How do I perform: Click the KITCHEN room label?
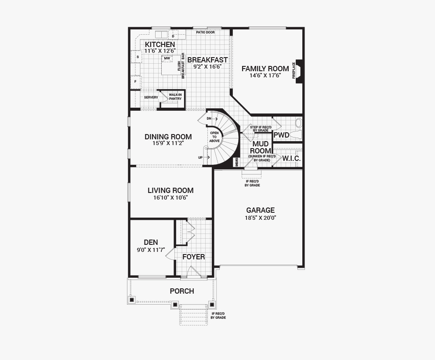160,44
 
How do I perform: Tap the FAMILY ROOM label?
265,69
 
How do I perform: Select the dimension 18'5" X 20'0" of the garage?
260,218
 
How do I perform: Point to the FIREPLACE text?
294,70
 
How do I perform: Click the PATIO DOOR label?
205,33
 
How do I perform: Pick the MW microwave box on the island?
167,58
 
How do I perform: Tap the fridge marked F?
136,82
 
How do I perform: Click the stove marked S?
138,57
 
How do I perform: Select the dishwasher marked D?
173,36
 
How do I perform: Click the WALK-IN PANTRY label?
175,97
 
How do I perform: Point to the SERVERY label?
151,98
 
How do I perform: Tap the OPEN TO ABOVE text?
214,137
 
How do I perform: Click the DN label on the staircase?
209,119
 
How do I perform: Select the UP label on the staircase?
200,158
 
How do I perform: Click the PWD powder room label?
281,135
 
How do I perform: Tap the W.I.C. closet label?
291,159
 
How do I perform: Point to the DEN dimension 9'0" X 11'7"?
151,250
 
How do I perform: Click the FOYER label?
194,257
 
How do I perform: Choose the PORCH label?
182,291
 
